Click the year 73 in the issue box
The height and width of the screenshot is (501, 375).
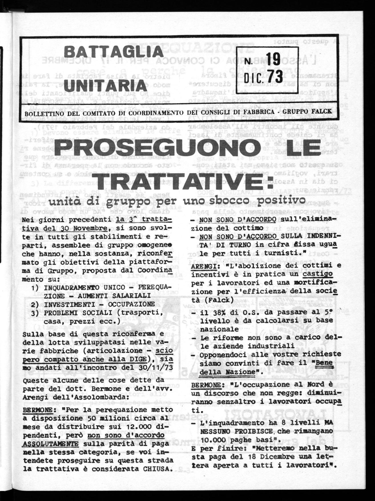[x=273, y=76]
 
